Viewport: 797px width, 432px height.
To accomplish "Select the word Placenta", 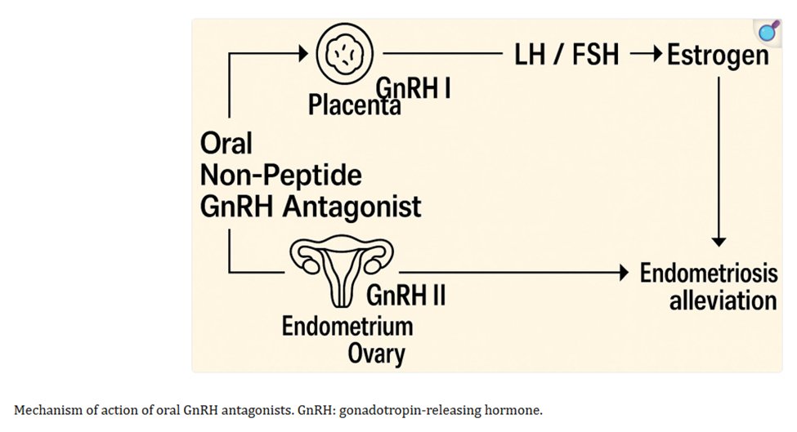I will click(x=355, y=105).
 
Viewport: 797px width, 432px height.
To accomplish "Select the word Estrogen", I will click(x=718, y=56).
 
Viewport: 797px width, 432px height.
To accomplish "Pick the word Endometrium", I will click(x=347, y=326).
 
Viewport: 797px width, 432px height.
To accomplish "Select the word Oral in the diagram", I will click(x=226, y=143).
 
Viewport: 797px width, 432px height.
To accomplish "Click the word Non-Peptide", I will click(x=281, y=175).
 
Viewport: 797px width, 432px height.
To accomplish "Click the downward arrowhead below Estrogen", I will click(x=719, y=240).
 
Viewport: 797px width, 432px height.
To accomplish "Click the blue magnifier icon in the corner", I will click(x=767, y=33).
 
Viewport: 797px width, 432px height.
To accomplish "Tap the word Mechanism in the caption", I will click(x=46, y=410).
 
